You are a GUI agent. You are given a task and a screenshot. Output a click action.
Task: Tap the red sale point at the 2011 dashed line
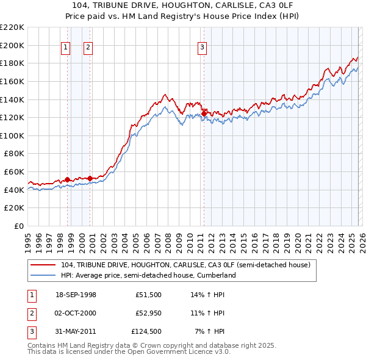pyautogui.click(x=203, y=113)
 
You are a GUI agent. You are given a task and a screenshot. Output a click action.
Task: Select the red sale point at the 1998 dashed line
pyautogui.click(x=67, y=179)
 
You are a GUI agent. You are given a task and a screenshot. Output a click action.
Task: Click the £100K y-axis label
pyautogui.click(x=12, y=135)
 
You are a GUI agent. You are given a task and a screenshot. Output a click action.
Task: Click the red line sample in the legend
pyautogui.click(x=43, y=265)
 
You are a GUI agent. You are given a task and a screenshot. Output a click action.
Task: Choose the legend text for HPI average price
pyautogui.click(x=148, y=276)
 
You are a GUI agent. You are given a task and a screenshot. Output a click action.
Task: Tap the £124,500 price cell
pyautogui.click(x=146, y=331)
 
